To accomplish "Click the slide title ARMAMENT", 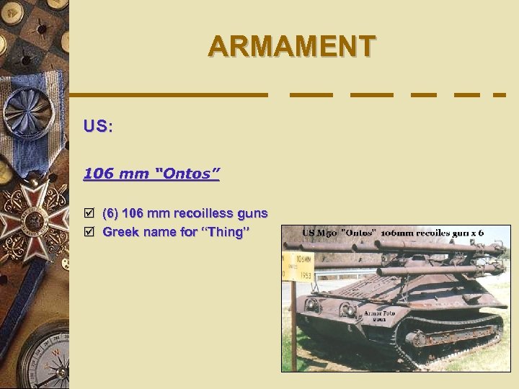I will (291, 47).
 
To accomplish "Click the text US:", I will (98, 126).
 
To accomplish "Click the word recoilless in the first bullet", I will (204, 213).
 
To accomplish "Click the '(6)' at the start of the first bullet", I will (110, 213).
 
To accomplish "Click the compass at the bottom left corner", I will (43, 360).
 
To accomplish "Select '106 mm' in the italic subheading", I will (110, 174).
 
